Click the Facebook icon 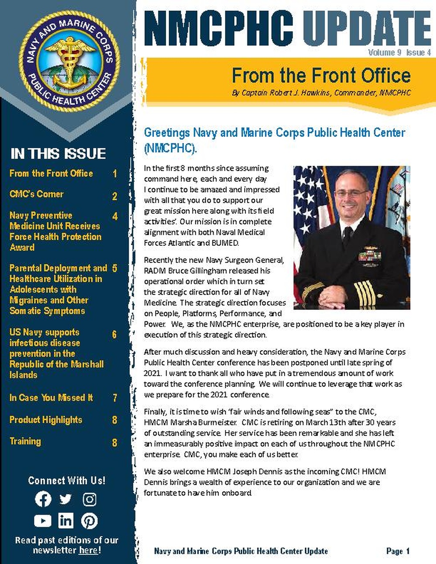(x=43, y=499)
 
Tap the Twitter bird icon (x=66, y=499)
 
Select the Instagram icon (x=89, y=499)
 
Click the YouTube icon (x=43, y=521)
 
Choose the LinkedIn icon (x=66, y=520)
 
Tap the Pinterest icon (x=89, y=521)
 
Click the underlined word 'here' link (x=88, y=550)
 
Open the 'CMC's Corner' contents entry (x=37, y=194)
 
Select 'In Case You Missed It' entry (x=51, y=398)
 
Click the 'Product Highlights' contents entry (x=46, y=420)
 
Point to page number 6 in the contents (x=114, y=335)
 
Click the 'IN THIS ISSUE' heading (x=58, y=154)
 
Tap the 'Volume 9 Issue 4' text (x=399, y=53)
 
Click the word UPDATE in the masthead (x=366, y=28)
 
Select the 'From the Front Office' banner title (x=321, y=75)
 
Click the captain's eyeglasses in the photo (x=351, y=193)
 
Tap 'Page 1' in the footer (x=398, y=551)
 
